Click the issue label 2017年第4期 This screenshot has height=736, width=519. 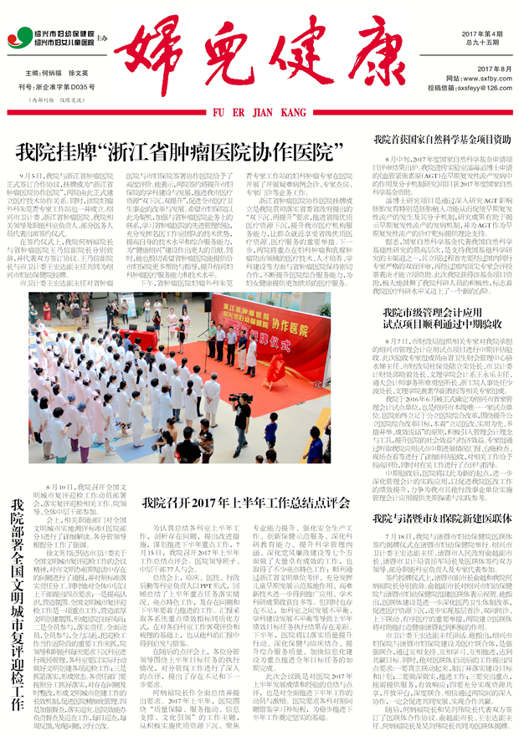coord(481,33)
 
